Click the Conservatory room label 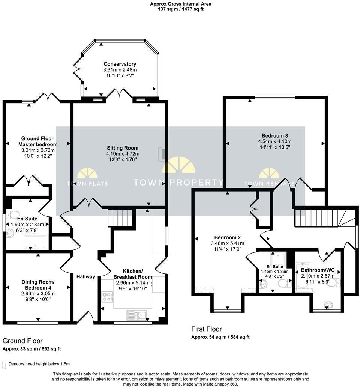click(120, 64)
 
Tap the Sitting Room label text click(122, 148)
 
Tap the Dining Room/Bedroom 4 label click(38, 285)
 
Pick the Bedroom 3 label click(274, 135)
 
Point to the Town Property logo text click(178, 183)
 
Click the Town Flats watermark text click(87, 184)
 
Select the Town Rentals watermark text click(269, 184)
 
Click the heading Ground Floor click(22, 341)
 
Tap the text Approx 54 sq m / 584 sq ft click(220, 337)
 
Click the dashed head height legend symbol click(4, 364)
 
